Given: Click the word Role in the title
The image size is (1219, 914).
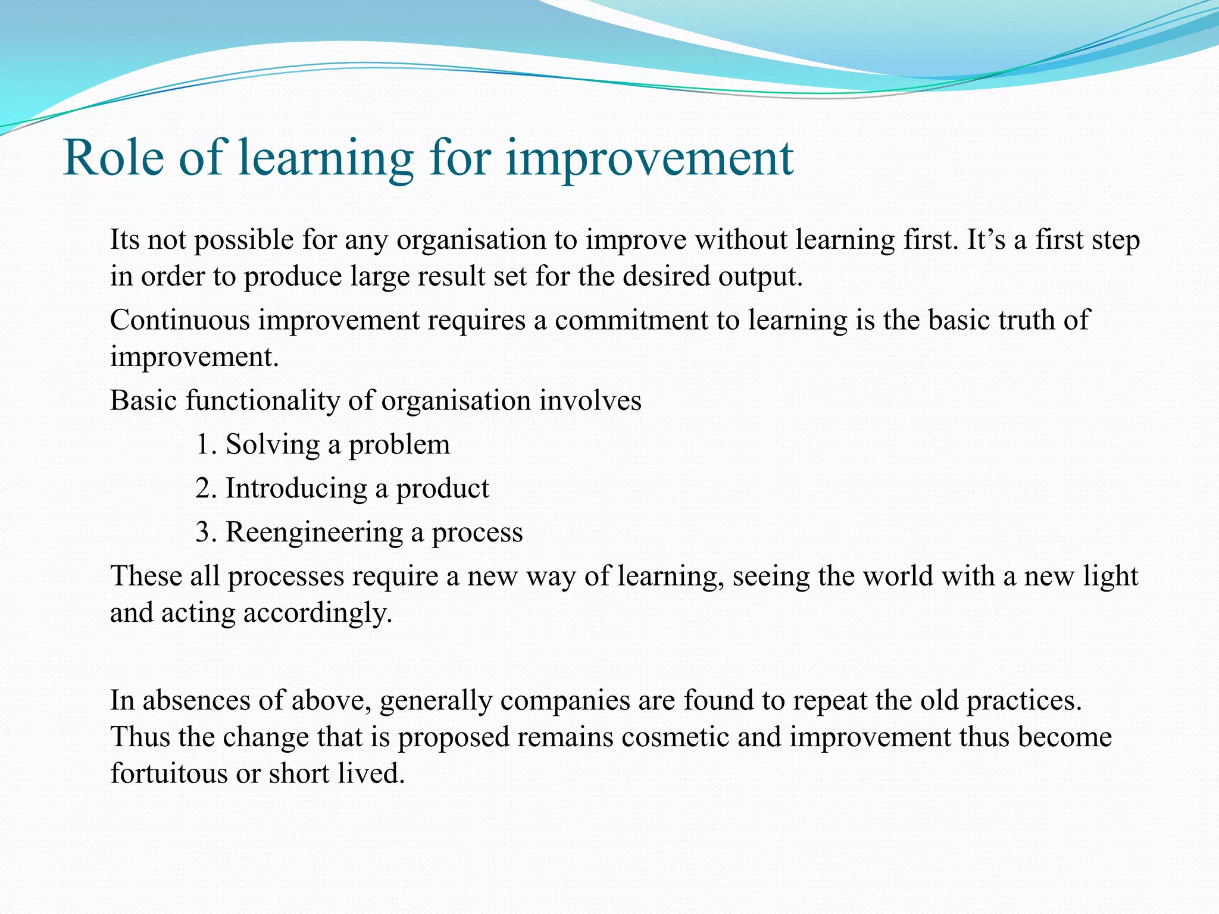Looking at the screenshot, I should tap(113, 158).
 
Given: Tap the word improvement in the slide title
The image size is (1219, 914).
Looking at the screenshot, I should tap(649, 159).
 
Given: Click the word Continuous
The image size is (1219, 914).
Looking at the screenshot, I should tap(180, 320).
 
